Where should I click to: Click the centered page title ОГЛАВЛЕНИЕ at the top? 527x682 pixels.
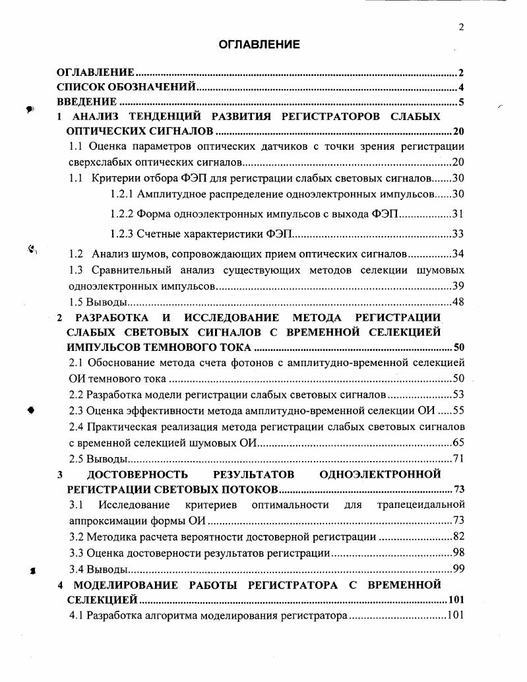(259, 45)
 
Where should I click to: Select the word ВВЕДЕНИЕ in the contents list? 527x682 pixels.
(86, 102)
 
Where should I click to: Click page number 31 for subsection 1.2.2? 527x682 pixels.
(458, 214)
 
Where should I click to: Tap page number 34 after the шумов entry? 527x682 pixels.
(458, 253)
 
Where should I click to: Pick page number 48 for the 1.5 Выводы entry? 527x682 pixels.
(458, 302)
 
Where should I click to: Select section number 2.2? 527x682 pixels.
(77, 395)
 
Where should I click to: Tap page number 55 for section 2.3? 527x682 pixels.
(458, 410)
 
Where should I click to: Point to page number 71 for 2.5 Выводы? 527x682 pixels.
(458, 458)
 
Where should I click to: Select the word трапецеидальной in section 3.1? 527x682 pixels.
(421, 505)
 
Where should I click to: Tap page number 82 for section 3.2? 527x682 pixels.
(458, 537)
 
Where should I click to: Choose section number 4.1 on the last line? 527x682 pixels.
(77, 616)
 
